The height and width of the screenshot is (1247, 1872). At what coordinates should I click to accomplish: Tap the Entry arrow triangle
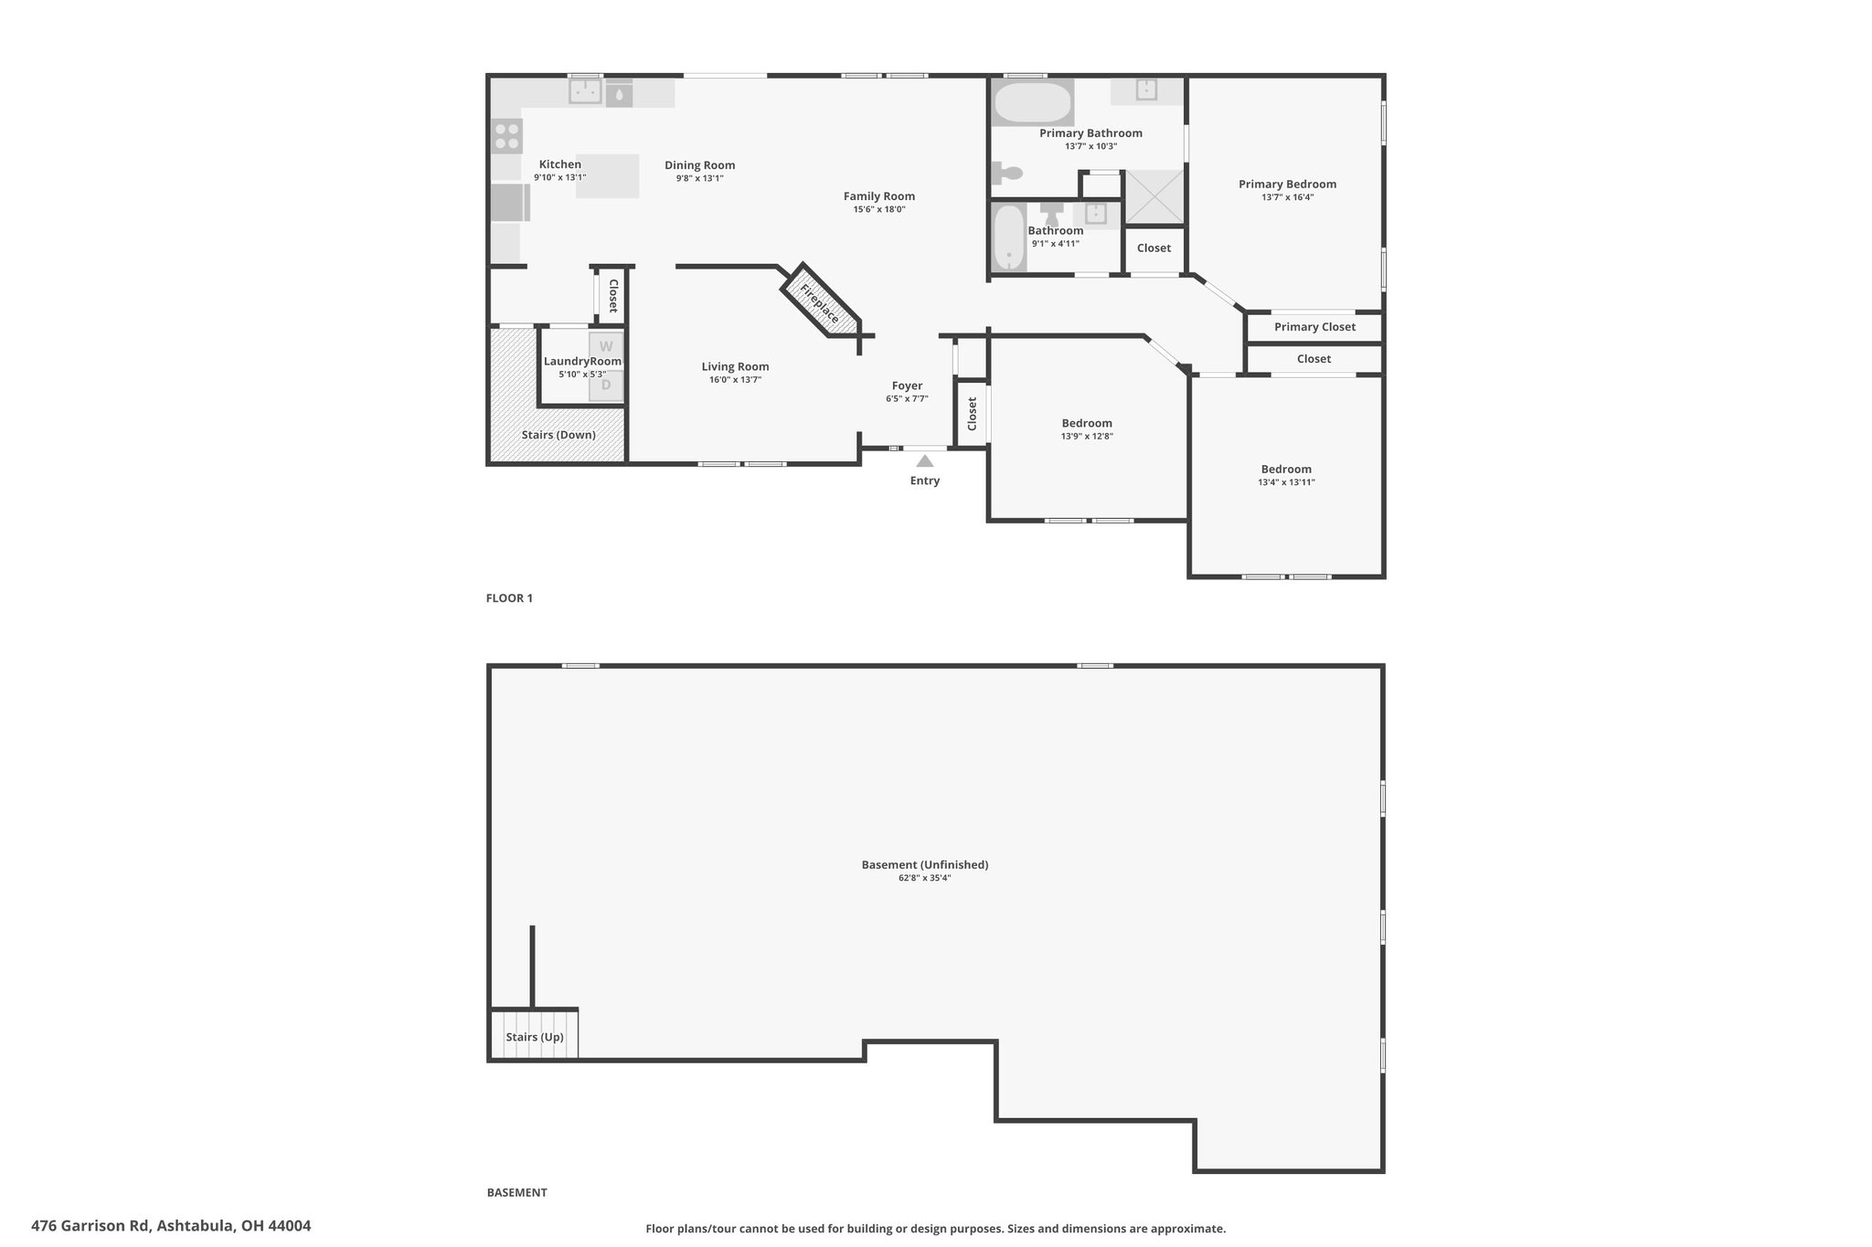925,461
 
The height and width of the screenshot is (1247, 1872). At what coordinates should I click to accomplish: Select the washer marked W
606,347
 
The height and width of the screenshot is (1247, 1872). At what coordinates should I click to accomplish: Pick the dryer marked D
606,386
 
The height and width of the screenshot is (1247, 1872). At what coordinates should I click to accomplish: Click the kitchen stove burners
507,136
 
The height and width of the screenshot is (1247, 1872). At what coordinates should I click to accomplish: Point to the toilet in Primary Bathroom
1007,173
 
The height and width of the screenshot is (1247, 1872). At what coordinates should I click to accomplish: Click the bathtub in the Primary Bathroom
1033,103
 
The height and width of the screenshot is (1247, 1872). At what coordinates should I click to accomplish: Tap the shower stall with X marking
1154,196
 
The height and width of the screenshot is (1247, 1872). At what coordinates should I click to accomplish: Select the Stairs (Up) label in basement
535,1037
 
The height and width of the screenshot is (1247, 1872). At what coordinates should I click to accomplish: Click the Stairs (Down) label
558,435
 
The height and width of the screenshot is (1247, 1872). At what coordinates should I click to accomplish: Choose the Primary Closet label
1314,327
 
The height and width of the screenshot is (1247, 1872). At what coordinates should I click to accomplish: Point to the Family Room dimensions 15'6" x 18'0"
879,209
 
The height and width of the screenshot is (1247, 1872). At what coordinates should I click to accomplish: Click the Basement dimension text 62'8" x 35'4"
925,878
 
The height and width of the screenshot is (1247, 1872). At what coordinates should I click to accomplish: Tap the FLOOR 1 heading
509,598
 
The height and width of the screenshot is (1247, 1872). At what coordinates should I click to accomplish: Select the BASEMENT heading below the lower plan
516,1192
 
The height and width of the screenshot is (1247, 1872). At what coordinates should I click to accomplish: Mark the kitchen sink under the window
585,91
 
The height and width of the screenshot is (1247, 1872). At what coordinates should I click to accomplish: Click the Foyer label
908,386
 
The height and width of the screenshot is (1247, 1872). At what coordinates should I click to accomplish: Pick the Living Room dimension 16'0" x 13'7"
735,380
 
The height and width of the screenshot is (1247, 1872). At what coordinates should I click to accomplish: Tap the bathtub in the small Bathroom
1009,238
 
